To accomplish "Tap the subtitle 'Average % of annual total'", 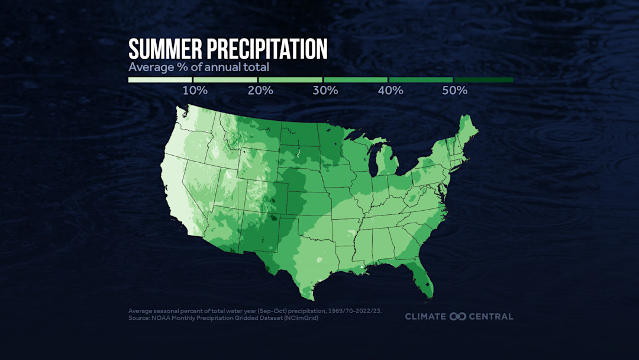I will point(199,67).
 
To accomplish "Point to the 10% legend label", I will point(195,91).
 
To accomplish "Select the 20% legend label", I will point(260,91).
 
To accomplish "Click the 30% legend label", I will point(325,91).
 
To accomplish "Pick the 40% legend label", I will point(390,91).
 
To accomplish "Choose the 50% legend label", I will point(455,91).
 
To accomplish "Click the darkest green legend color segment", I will point(483,80).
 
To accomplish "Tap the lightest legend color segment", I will point(160,80).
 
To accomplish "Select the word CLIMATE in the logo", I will point(425,316).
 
